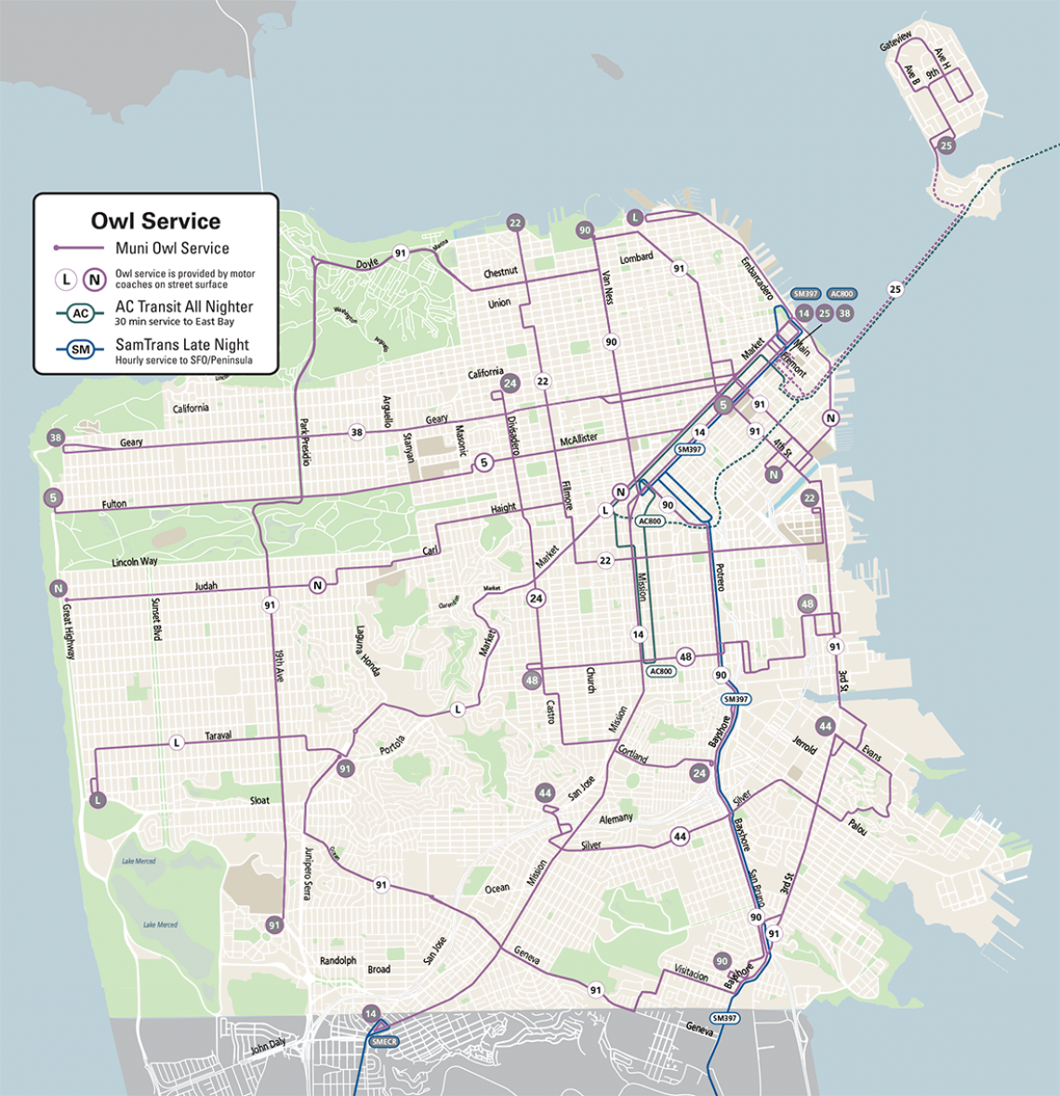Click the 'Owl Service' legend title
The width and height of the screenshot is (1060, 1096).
pyautogui.click(x=155, y=221)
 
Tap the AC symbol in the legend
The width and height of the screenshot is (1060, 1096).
pyautogui.click(x=81, y=313)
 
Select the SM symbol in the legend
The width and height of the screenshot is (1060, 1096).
pyautogui.click(x=81, y=350)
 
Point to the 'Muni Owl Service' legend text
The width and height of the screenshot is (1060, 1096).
pyautogui.click(x=172, y=248)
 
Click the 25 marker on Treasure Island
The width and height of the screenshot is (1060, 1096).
pyautogui.click(x=947, y=145)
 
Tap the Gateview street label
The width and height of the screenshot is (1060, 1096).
pyautogui.click(x=896, y=44)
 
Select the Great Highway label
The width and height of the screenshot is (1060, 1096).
pyautogui.click(x=68, y=631)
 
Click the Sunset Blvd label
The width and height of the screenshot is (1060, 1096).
pyautogui.click(x=156, y=618)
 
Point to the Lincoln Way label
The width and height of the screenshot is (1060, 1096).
pyautogui.click(x=135, y=562)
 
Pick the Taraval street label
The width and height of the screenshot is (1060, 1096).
pyautogui.click(x=219, y=735)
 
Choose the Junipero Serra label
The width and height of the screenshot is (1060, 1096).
pyautogui.click(x=306, y=874)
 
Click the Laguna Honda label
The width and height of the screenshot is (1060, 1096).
pyautogui.click(x=367, y=650)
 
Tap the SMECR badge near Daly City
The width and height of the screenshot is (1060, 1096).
pyautogui.click(x=383, y=1042)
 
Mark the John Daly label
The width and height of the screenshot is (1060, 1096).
pyautogui.click(x=268, y=1046)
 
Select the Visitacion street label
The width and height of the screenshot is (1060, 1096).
pyautogui.click(x=692, y=971)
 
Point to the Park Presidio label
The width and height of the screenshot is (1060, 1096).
pyautogui.click(x=304, y=442)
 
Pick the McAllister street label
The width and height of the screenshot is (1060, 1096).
pyautogui.click(x=578, y=438)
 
